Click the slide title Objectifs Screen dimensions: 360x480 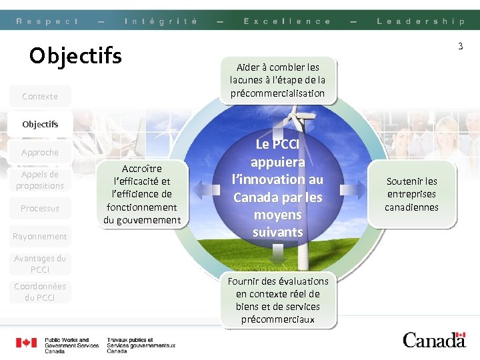[x=75, y=55]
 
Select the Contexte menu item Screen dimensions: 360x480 [x=40, y=96]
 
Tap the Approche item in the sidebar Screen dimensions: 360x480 [x=40, y=152]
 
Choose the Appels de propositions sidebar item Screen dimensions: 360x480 [x=40, y=180]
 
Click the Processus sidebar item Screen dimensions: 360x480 [x=40, y=208]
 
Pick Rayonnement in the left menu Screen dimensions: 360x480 [x=40, y=236]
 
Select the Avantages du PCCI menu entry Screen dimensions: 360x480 [x=40, y=264]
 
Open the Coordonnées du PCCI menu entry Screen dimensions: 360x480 [x=40, y=292]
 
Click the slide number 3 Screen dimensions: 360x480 [x=460, y=46]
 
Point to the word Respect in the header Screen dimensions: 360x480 [x=47, y=21]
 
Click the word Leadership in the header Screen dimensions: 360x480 [x=420, y=21]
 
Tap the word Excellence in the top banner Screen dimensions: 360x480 [x=287, y=21]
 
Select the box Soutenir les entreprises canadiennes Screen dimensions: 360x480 [x=411, y=194]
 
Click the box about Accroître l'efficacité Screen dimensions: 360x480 [x=142, y=194]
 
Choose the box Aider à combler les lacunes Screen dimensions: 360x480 [x=278, y=80]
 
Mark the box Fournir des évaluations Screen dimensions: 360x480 [x=278, y=300]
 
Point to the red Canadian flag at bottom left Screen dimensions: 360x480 [x=27, y=343]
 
